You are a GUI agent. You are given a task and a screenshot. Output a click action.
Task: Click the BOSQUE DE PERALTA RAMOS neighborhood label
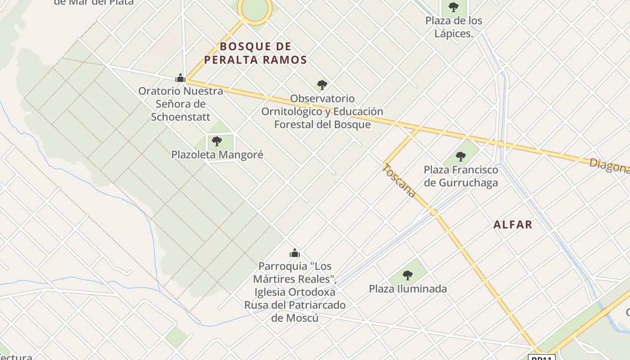point(255,53)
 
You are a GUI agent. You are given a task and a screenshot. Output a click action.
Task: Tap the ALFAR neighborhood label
point(513,225)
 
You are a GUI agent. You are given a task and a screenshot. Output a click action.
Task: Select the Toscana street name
point(399,181)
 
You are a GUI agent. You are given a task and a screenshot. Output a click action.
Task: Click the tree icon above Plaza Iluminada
point(408,275)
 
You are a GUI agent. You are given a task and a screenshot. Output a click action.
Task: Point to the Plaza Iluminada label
point(408,289)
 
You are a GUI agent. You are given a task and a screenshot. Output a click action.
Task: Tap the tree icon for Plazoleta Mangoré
point(217,141)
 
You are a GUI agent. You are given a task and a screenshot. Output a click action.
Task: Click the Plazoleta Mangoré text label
point(217,155)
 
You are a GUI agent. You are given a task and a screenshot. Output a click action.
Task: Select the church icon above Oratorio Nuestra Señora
point(180,78)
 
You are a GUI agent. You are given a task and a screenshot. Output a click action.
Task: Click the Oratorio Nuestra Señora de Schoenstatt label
point(180,104)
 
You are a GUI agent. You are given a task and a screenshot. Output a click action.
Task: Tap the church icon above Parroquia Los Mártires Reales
point(295,253)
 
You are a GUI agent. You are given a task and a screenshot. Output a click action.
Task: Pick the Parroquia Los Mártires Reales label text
point(295,292)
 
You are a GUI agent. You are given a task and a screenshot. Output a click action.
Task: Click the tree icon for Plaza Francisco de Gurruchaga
point(460,157)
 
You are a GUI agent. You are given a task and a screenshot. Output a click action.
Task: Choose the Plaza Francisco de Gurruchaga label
point(461,176)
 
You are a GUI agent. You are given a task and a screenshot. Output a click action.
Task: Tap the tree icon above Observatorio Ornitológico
point(322,85)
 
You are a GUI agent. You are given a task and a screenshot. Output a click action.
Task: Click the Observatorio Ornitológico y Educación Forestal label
point(322,112)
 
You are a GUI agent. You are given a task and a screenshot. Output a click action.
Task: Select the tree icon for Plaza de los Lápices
point(454,7)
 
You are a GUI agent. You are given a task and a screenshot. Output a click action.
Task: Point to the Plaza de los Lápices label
point(454,27)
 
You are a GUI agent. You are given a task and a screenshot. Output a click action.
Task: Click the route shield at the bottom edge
point(541,357)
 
